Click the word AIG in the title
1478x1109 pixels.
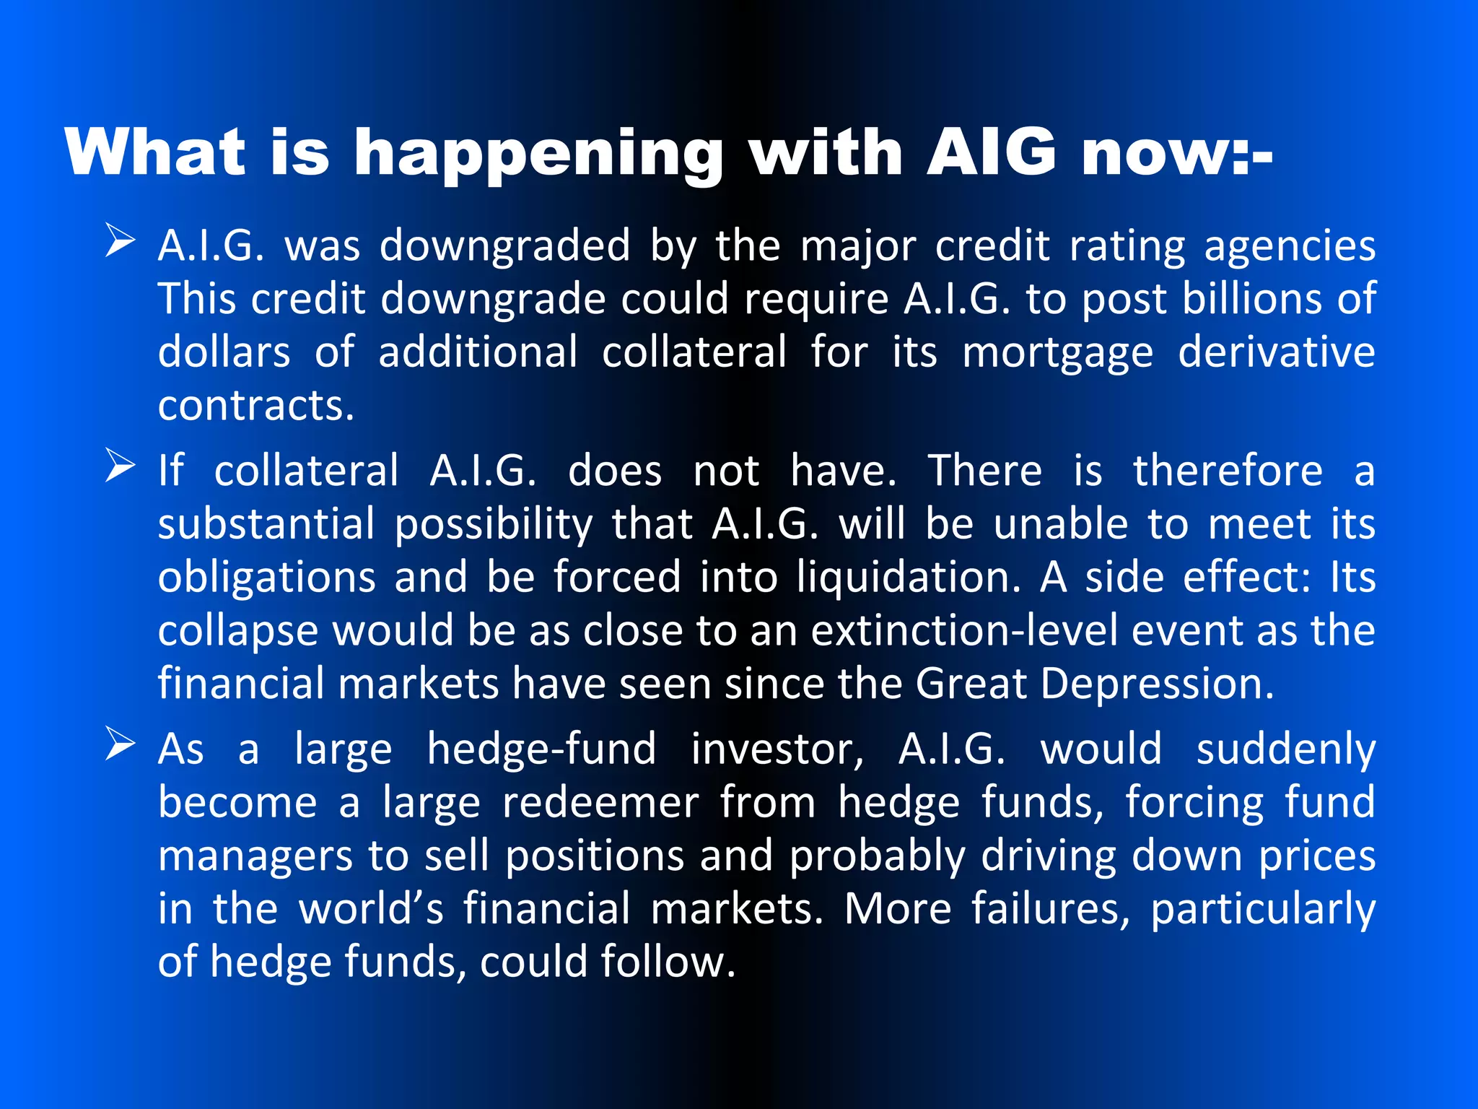click(992, 152)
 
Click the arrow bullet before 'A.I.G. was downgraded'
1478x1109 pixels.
click(120, 240)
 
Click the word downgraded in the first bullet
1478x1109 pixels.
click(505, 246)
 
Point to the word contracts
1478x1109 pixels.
click(256, 406)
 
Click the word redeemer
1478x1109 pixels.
click(601, 803)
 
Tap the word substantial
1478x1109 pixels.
click(266, 524)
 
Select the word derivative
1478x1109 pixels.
click(1277, 352)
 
